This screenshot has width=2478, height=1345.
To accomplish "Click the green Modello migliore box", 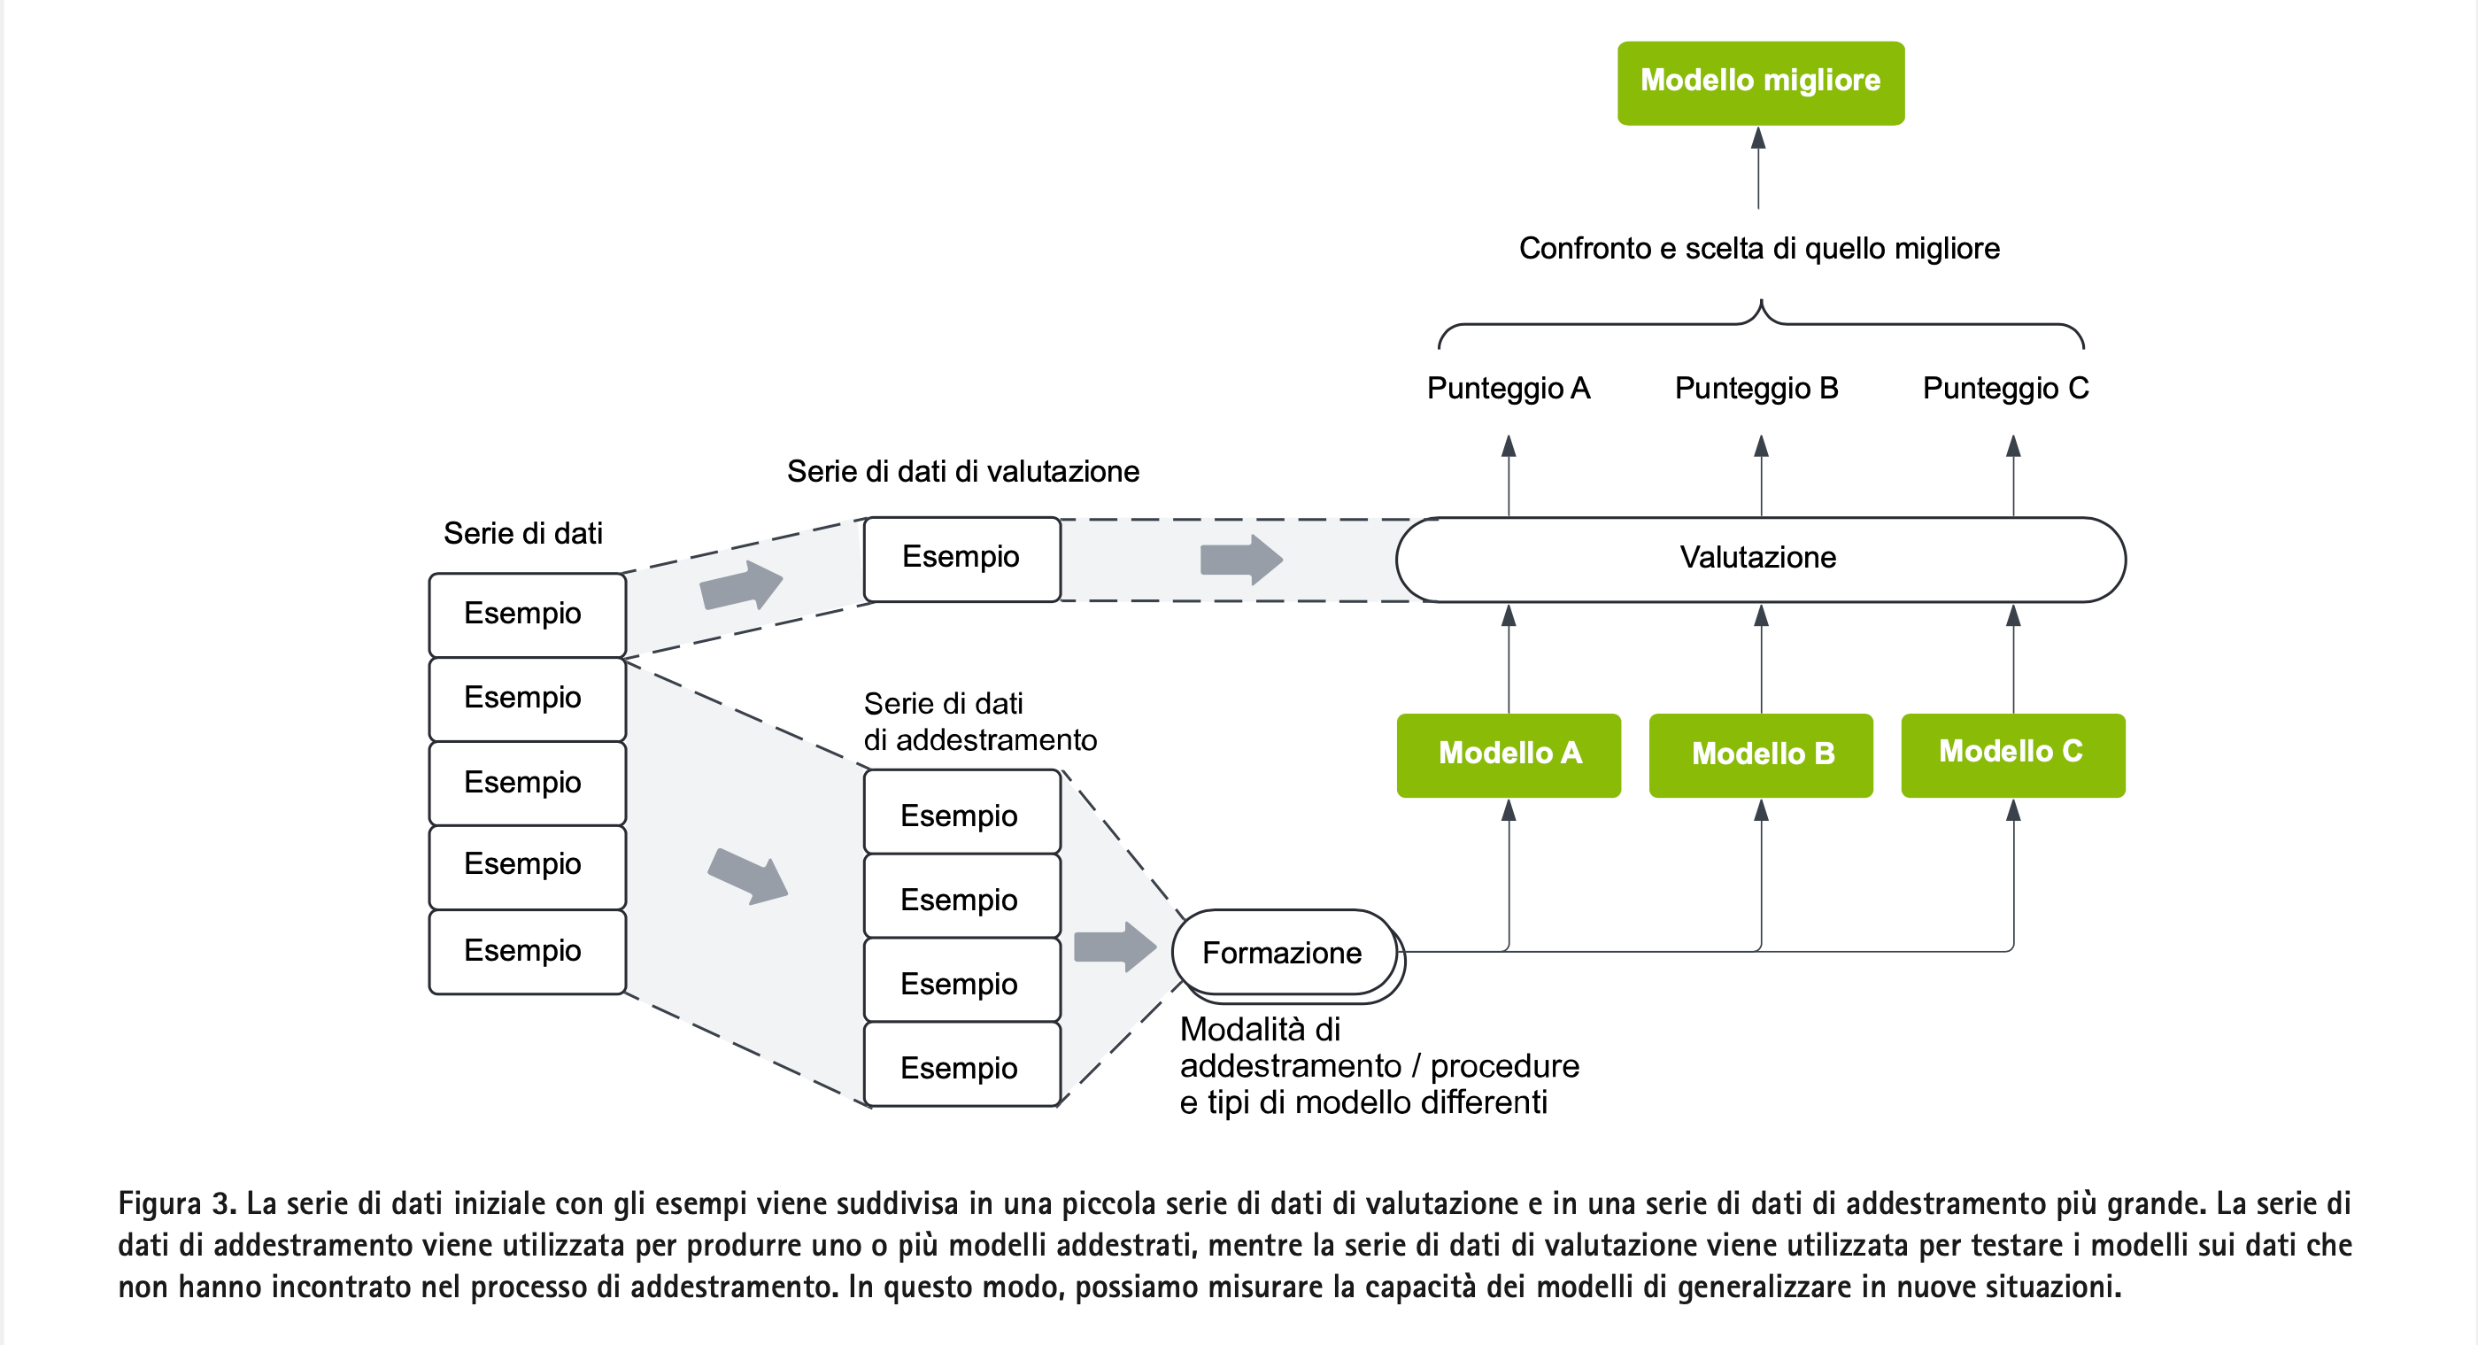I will click(1759, 81).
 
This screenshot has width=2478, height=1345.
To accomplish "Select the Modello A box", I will click(1509, 754).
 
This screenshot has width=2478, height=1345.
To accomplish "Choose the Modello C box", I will click(2012, 754).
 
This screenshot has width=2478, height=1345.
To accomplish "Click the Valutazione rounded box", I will click(1759, 559).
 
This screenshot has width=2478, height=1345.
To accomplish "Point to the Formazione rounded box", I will click(1283, 953).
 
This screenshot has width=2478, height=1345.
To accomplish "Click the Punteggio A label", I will click(1508, 388).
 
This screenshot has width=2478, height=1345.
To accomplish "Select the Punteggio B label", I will click(1756, 388).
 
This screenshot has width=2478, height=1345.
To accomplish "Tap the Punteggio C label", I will click(2004, 388).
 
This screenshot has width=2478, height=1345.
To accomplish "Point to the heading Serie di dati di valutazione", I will click(963, 471).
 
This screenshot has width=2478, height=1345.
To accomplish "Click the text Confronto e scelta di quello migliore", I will click(1758, 248).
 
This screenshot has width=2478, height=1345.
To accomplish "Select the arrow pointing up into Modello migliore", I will click(1758, 168).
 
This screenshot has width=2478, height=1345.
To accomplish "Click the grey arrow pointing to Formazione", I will click(1114, 947).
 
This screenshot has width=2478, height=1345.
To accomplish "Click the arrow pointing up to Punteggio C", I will click(2013, 475).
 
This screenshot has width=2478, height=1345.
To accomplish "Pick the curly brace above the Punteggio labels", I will click(1760, 322).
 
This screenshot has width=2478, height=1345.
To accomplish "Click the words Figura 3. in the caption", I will click(177, 1203).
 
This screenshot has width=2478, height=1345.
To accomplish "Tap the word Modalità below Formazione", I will click(1259, 1030).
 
